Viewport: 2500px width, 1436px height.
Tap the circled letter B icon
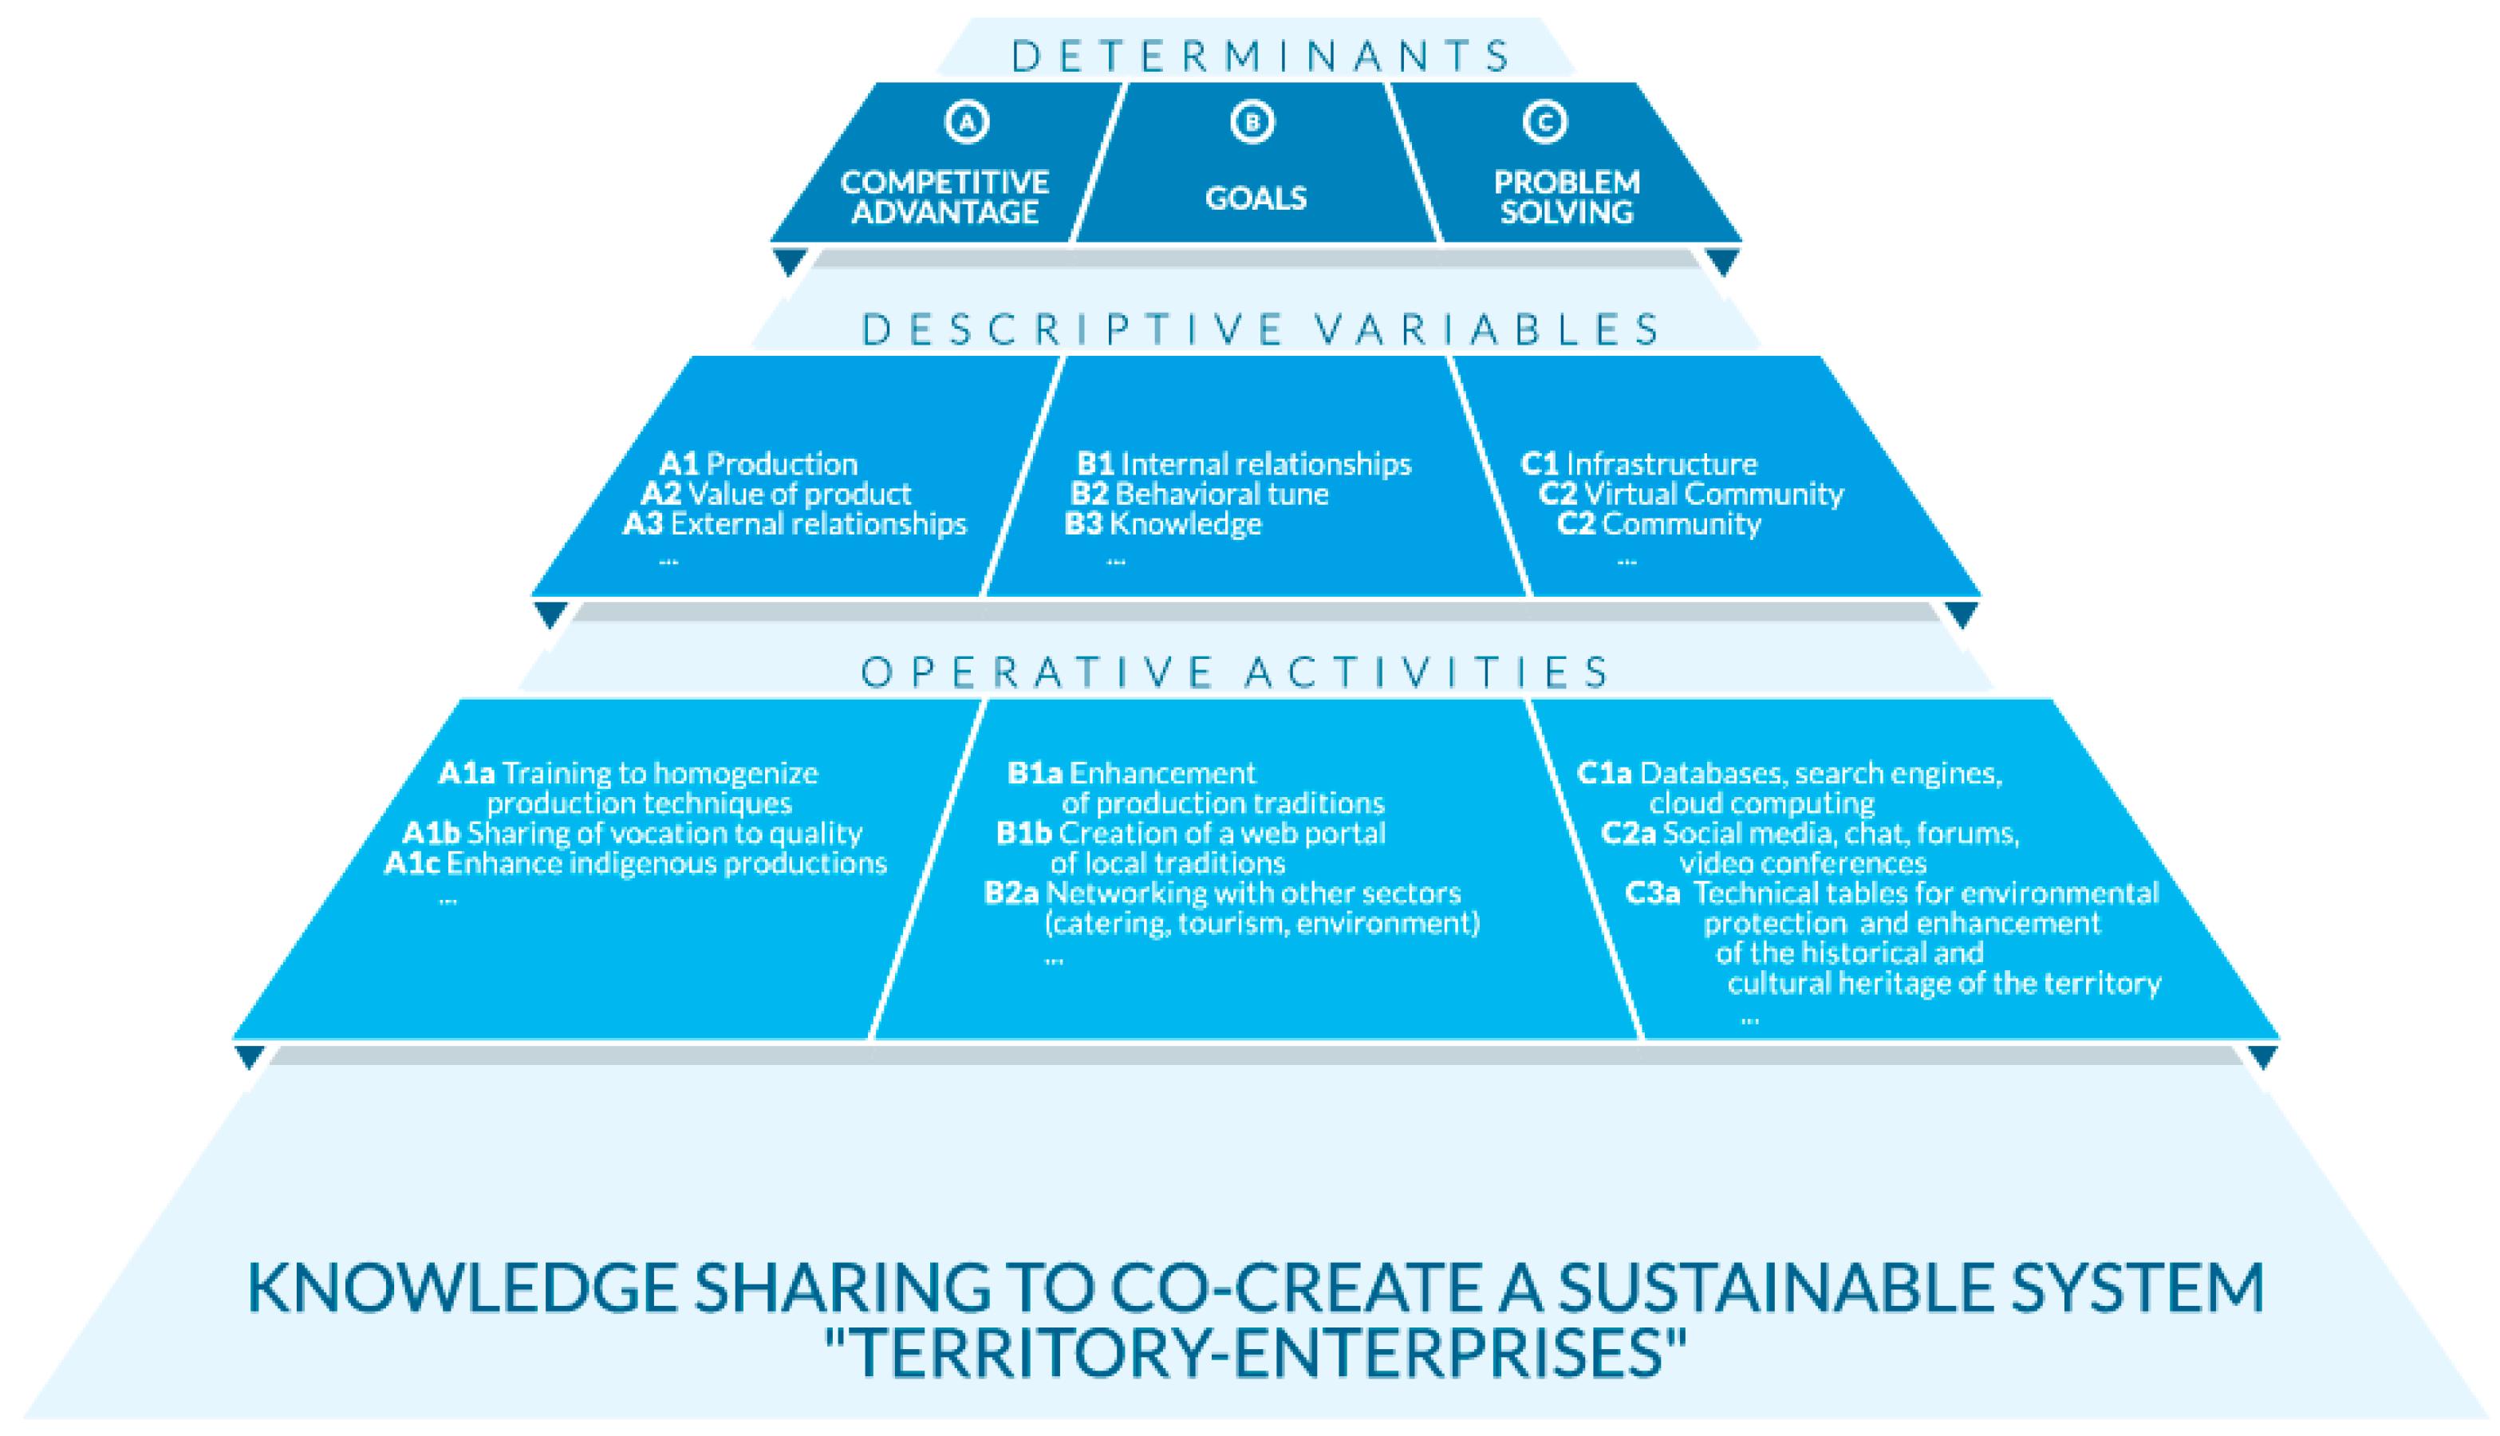(x=1252, y=122)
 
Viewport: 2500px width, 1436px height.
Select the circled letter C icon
(x=1544, y=122)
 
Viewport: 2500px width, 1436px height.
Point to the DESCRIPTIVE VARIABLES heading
(x=1261, y=329)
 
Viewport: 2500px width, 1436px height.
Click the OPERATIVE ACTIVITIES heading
(x=1236, y=673)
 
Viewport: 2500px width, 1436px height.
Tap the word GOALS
(x=1256, y=198)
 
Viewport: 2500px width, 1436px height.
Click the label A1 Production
(x=757, y=464)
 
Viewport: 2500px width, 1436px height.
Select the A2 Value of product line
(x=775, y=493)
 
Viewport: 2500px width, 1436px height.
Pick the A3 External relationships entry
(x=795, y=523)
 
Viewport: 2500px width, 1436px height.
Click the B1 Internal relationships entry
(x=1244, y=464)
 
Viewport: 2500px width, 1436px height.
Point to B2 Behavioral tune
(x=1199, y=493)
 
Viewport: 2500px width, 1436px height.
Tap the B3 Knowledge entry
(x=1163, y=523)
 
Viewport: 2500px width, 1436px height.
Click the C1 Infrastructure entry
(x=1638, y=464)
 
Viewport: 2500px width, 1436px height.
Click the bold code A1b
(x=431, y=834)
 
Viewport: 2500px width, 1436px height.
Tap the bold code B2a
(x=1011, y=894)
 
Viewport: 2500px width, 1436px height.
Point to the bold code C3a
(x=1652, y=894)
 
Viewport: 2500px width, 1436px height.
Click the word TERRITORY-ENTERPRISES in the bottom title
(x=1256, y=1353)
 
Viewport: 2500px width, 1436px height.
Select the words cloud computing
(x=1761, y=804)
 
